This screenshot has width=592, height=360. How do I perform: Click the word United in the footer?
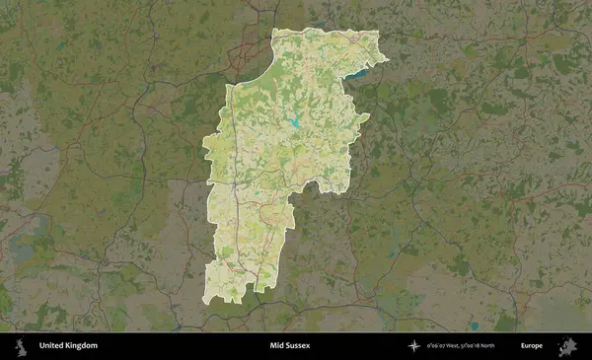click(50, 346)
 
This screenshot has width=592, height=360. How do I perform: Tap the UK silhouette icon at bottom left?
click(18, 346)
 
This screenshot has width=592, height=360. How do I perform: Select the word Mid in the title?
click(277, 346)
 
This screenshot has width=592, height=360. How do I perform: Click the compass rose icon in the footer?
click(414, 346)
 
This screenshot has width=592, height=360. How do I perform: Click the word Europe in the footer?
click(532, 346)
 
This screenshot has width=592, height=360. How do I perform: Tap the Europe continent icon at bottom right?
click(567, 346)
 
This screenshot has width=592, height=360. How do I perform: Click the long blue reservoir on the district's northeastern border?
click(361, 71)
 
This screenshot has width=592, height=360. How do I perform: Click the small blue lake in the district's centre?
click(295, 123)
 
